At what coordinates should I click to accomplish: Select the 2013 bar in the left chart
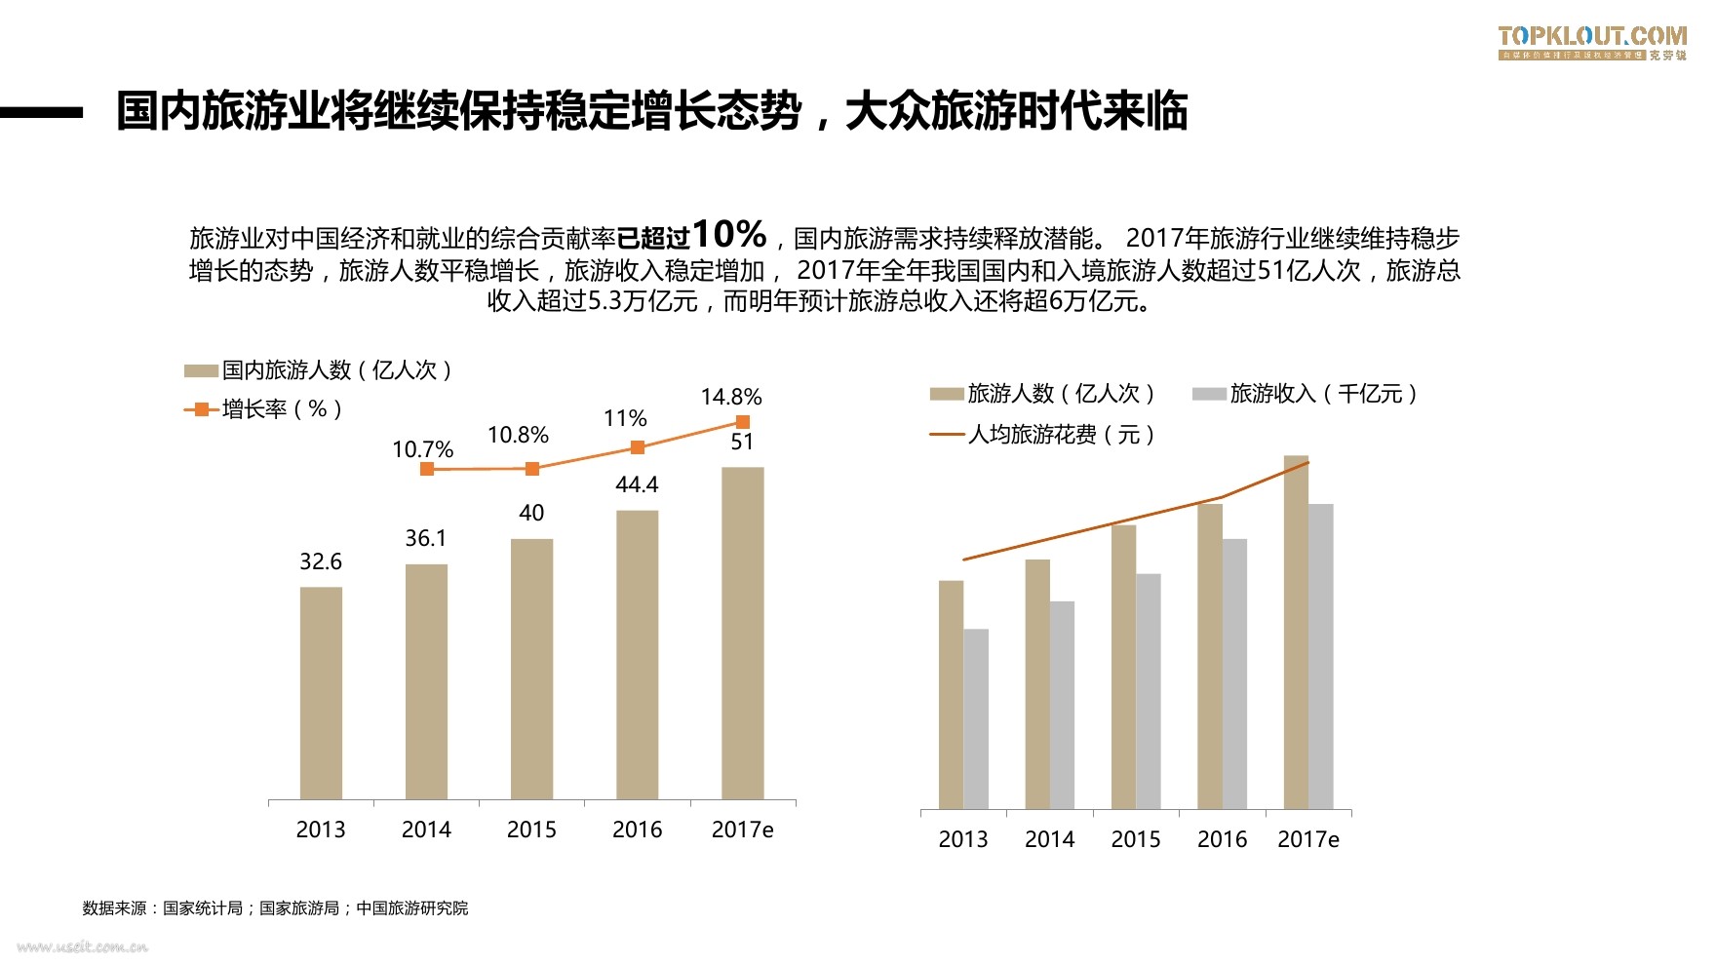(321, 693)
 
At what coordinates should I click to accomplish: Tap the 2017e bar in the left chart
(742, 634)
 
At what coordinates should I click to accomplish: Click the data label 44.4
(637, 484)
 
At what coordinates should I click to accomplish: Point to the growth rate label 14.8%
(730, 397)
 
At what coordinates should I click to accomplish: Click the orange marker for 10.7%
(426, 469)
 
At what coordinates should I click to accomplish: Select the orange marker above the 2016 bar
(637, 447)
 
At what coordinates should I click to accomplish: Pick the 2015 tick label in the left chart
(531, 830)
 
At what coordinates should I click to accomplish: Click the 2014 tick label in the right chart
(1049, 839)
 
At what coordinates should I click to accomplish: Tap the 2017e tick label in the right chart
(1307, 839)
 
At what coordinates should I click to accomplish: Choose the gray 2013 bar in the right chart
(976, 718)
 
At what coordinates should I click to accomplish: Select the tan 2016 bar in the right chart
(1210, 656)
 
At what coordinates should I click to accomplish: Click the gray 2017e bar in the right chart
(1320, 656)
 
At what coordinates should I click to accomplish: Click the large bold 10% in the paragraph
(728, 235)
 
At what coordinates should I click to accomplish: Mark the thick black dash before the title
(41, 113)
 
